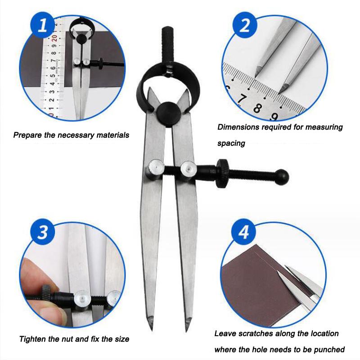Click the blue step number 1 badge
(x=43, y=25)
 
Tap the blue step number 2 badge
(x=245, y=25)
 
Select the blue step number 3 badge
(x=43, y=232)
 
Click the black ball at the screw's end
(x=282, y=177)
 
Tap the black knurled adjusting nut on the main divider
(x=222, y=174)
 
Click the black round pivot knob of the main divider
(x=169, y=113)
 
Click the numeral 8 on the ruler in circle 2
(x=258, y=108)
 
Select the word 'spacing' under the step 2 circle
(x=231, y=144)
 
